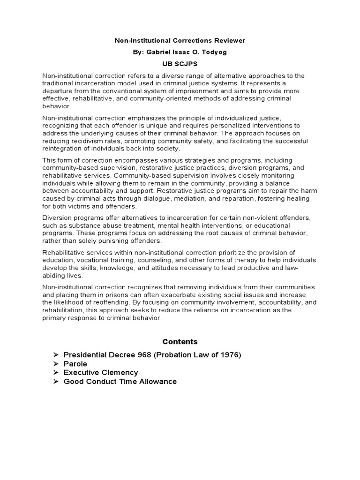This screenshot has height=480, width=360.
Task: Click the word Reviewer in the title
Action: tap(229, 41)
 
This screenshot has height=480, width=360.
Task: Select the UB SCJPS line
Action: tap(180, 64)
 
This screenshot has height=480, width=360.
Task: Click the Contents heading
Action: tap(180, 342)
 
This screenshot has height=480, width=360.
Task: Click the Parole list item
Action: tap(75, 364)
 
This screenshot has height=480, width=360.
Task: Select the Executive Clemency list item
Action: tap(101, 373)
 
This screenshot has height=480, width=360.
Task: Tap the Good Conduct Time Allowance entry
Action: tap(120, 382)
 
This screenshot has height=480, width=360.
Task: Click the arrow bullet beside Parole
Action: tap(55, 364)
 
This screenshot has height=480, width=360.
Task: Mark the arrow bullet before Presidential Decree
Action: tap(55, 355)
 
